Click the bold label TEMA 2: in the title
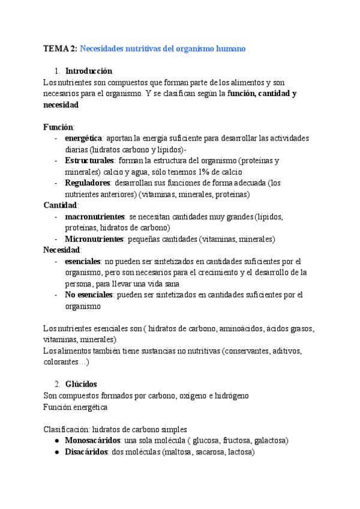(x=60, y=48)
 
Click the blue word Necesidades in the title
(x=103, y=48)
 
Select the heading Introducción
(x=88, y=71)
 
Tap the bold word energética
(x=84, y=138)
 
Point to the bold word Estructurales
(x=89, y=160)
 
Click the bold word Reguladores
(x=88, y=182)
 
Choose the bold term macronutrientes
(x=94, y=216)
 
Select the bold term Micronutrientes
(x=94, y=239)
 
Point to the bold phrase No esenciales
(x=89, y=295)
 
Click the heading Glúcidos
(x=81, y=384)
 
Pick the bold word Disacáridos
(x=86, y=452)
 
